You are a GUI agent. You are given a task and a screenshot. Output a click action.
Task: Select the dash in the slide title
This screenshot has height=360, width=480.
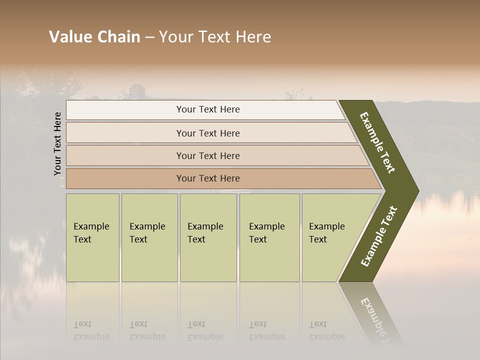[149, 37]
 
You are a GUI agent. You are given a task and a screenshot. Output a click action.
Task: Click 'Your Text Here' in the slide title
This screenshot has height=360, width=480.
[215, 37]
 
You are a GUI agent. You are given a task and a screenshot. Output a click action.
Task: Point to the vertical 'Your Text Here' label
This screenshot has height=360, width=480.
[57, 143]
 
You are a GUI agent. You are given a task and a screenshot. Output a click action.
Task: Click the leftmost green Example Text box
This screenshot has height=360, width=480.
[92, 237]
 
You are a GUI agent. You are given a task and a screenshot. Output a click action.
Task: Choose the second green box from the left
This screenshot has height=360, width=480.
[149, 237]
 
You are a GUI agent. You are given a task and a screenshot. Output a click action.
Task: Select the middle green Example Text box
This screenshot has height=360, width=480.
[208, 237]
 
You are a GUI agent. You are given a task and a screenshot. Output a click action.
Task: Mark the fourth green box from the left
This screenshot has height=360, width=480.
[269, 237]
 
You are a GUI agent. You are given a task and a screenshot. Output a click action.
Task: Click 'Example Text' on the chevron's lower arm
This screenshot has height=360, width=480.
[378, 236]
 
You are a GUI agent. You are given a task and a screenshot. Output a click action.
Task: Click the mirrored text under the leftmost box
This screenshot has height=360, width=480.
[91, 330]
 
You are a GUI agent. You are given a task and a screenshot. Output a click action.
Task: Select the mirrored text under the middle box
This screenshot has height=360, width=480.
[205, 330]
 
